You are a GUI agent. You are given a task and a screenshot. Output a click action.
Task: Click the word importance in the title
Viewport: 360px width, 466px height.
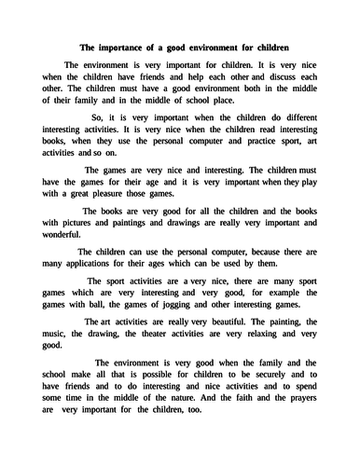[x=121, y=48]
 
